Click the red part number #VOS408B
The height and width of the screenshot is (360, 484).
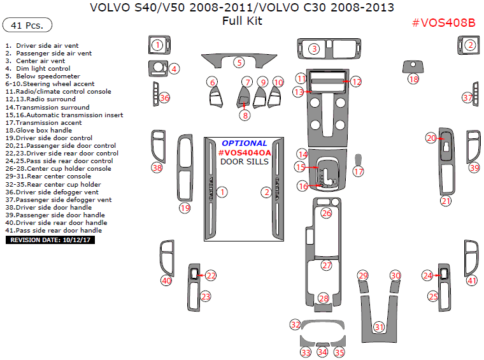click(443, 23)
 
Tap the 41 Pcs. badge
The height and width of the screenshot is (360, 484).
click(27, 25)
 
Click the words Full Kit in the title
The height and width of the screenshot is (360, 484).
click(242, 21)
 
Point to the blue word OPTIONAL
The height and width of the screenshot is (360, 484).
click(245, 143)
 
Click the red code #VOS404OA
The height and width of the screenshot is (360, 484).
click(245, 152)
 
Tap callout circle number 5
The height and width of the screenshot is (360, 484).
click(238, 62)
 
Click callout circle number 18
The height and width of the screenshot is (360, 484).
click(414, 79)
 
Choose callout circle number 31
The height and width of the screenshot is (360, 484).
click(380, 327)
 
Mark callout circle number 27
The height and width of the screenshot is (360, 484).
click(327, 265)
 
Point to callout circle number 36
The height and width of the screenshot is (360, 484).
click(164, 98)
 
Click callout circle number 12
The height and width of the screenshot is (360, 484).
click(356, 82)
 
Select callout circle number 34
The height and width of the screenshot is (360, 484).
click(323, 352)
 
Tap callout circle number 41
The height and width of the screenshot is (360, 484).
click(472, 280)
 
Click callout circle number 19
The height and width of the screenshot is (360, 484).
click(185, 208)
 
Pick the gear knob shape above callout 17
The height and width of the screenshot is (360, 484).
click(359, 159)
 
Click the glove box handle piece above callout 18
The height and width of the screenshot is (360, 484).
click(413, 66)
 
